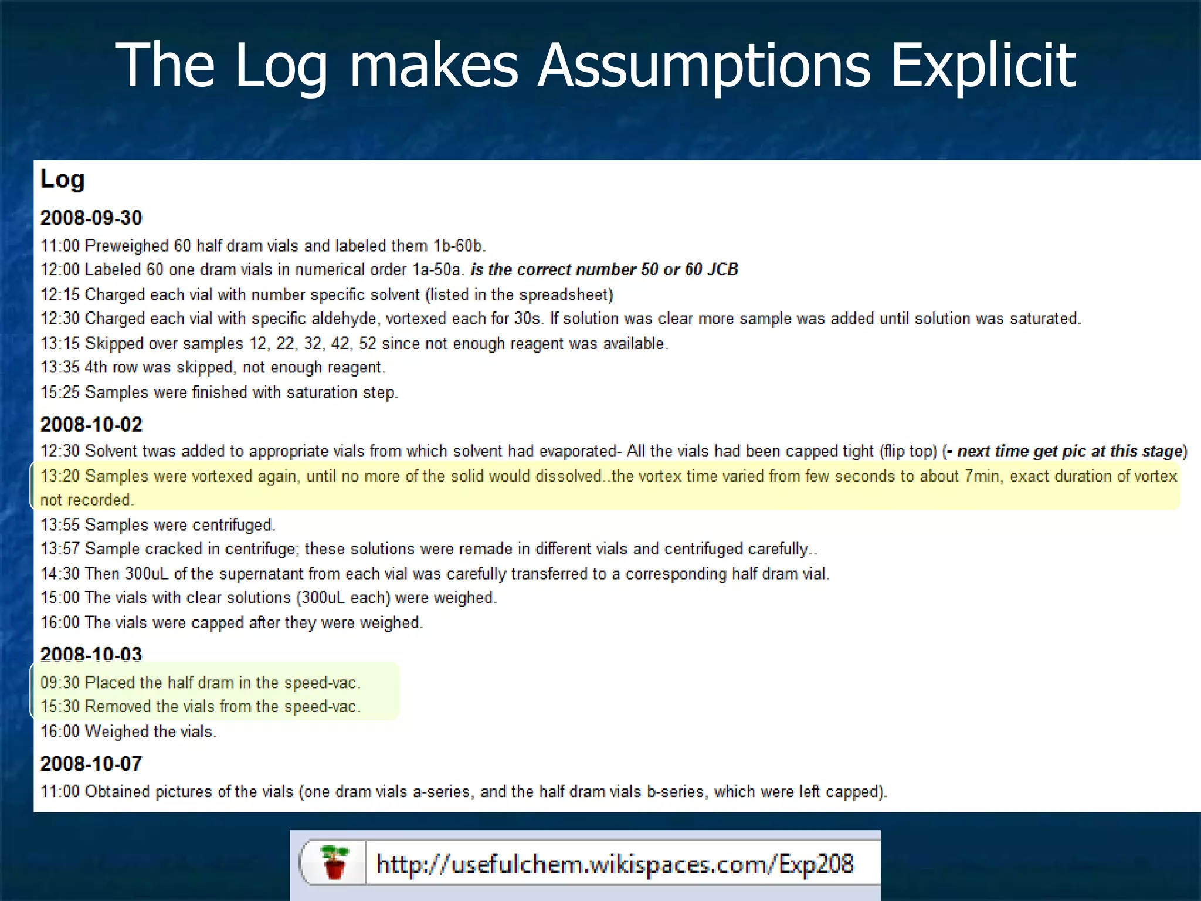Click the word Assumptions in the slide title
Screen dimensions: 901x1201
(x=704, y=66)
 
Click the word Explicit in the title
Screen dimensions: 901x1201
(x=983, y=66)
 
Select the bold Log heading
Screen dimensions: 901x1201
(x=62, y=179)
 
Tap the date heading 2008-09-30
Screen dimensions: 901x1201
(x=91, y=218)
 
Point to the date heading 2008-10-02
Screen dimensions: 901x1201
(x=91, y=425)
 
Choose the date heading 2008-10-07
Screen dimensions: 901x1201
(x=91, y=764)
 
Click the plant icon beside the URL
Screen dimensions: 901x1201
(x=334, y=862)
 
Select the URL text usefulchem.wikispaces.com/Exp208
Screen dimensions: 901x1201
(x=615, y=865)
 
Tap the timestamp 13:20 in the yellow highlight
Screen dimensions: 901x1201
(x=59, y=476)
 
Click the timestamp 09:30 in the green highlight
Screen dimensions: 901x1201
(x=59, y=682)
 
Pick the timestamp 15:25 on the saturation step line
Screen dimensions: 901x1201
(x=59, y=392)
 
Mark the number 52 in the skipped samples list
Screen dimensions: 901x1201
(x=368, y=343)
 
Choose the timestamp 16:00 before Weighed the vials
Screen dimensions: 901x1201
(x=59, y=731)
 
